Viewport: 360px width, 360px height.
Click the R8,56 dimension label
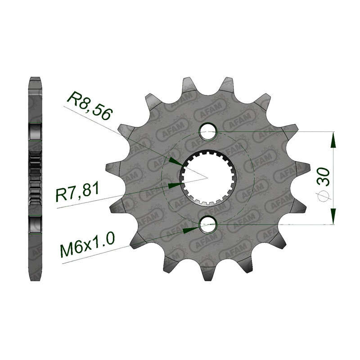point(89,107)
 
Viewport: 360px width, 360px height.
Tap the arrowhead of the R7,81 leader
point(175,184)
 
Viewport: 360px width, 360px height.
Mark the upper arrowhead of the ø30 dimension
point(333,139)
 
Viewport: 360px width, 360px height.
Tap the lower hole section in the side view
point(35,225)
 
